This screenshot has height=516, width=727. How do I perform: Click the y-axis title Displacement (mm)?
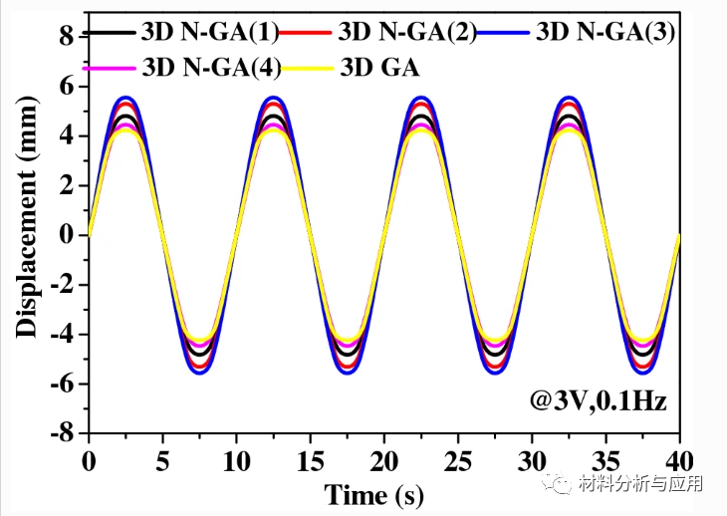[x=27, y=235]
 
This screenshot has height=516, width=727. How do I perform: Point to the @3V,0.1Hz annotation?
[x=599, y=401]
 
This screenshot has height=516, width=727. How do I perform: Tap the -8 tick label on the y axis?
[x=62, y=434]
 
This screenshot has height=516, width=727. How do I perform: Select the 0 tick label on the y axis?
[x=68, y=235]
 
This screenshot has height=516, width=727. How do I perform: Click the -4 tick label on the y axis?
[x=62, y=335]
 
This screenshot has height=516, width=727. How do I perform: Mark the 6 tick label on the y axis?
[x=68, y=86]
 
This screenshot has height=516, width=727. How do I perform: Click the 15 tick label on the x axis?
[x=310, y=460]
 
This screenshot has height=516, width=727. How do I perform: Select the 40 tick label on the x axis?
[x=679, y=460]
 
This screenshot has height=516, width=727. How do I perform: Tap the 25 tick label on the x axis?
[x=457, y=460]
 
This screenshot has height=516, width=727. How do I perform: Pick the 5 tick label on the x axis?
[x=162, y=460]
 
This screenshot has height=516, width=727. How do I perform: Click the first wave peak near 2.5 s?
[x=125, y=99]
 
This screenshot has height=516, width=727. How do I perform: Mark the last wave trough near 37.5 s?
[x=642, y=372]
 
